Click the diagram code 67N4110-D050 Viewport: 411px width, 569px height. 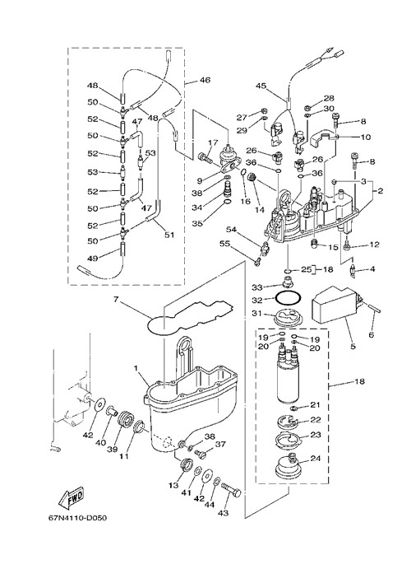pos(77,518)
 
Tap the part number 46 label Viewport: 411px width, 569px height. pos(205,80)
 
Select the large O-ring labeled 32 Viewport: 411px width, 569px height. pos(288,298)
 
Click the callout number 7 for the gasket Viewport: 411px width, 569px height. pos(116,300)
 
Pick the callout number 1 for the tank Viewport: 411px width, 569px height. pos(136,368)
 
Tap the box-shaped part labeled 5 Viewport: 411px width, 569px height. pos(337,304)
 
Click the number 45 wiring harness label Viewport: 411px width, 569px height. pos(261,86)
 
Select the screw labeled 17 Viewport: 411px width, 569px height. pos(205,158)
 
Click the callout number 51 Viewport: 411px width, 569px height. pos(169,235)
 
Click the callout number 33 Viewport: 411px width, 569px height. pos(257,287)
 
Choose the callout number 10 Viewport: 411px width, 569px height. pos(365,137)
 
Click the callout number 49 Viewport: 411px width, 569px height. pos(93,258)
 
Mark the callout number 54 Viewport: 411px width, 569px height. pos(232,230)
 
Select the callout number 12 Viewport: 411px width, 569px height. pos(375,245)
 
